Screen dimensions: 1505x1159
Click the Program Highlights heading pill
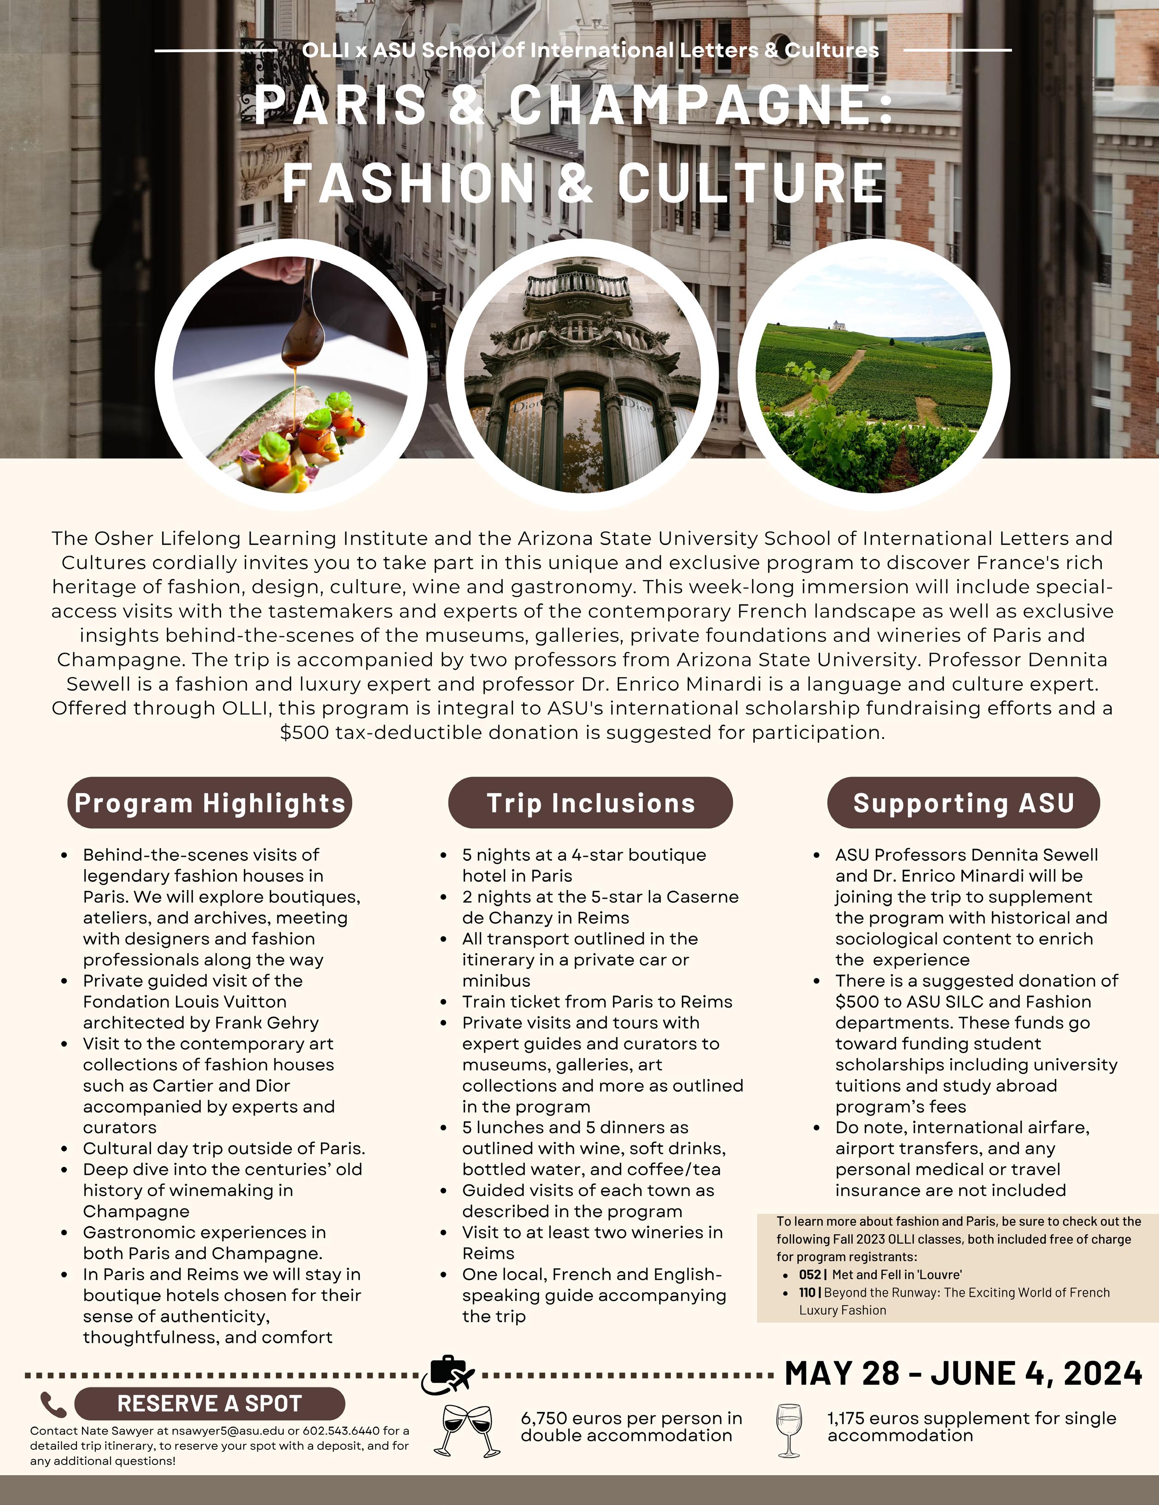(210, 803)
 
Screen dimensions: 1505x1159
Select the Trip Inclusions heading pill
(590, 803)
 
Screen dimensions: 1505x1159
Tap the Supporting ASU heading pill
(963, 803)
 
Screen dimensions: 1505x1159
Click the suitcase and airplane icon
(448, 1376)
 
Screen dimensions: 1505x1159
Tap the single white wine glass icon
(789, 1430)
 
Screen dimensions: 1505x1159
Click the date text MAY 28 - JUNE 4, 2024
(963, 1373)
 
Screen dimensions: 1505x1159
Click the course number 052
(810, 1275)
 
